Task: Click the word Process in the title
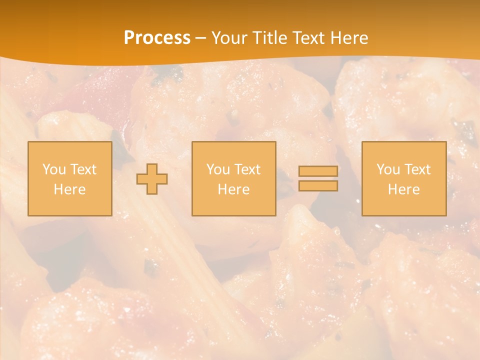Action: click(x=157, y=38)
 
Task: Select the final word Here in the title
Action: click(x=349, y=38)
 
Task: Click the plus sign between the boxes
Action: click(x=152, y=179)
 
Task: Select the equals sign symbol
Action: click(x=318, y=178)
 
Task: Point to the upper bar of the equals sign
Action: click(x=318, y=171)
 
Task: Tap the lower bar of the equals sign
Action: click(x=318, y=186)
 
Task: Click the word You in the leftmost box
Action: click(x=53, y=169)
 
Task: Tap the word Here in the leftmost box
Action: click(x=70, y=189)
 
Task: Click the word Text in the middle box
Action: click(x=247, y=169)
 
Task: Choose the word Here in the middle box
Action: click(x=234, y=189)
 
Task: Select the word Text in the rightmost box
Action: click(x=417, y=169)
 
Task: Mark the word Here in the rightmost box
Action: click(x=404, y=189)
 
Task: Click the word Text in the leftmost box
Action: click(x=83, y=169)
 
